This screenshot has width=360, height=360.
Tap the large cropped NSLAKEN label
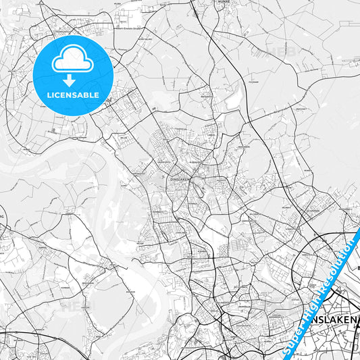point(329,317)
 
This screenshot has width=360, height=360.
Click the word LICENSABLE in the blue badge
point(72,94)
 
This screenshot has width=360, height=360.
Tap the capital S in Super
point(285,352)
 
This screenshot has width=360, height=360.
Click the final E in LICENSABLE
point(97,94)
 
